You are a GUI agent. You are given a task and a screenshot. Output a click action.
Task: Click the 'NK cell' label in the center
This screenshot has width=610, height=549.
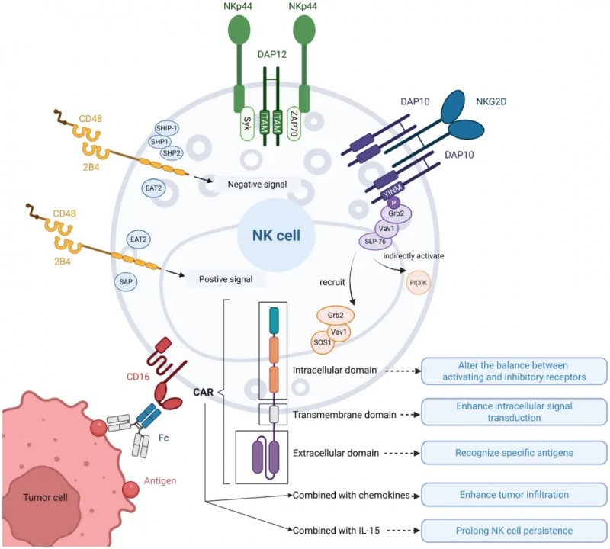pyautogui.click(x=267, y=236)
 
